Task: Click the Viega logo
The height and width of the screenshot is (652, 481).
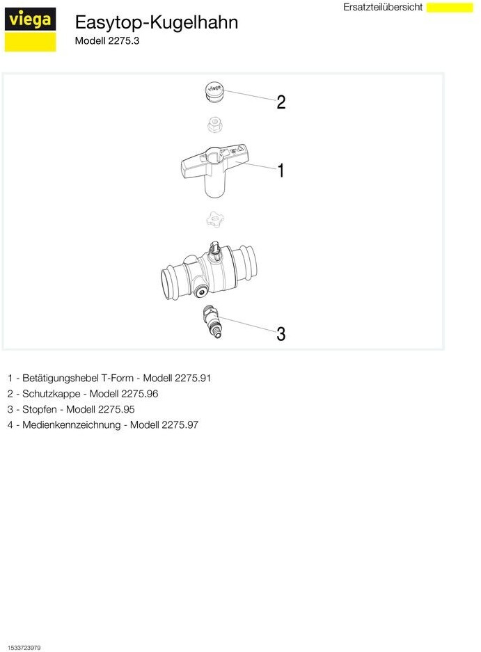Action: pyautogui.click(x=30, y=29)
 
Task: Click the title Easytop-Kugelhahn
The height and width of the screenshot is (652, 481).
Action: pyautogui.click(x=157, y=22)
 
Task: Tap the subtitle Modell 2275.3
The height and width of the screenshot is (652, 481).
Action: pyautogui.click(x=107, y=41)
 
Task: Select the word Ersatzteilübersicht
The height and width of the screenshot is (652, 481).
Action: pyautogui.click(x=383, y=7)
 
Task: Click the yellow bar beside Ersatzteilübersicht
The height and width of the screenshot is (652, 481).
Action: pyautogui.click(x=450, y=8)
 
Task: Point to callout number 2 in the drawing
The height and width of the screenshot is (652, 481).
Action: pyautogui.click(x=281, y=102)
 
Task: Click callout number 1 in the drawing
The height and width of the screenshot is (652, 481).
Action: pyautogui.click(x=281, y=170)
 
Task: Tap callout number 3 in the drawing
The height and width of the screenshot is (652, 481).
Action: pyautogui.click(x=281, y=334)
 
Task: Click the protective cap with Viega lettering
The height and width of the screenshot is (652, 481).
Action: pyautogui.click(x=214, y=91)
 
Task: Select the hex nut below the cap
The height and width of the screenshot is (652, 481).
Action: pyautogui.click(x=214, y=125)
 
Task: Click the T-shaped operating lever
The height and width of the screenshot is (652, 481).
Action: pyautogui.click(x=214, y=168)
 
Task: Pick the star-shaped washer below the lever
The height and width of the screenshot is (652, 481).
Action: pyautogui.click(x=214, y=219)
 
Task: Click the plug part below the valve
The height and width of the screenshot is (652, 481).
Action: pyautogui.click(x=212, y=322)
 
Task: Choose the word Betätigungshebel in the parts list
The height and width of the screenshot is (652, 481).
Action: pyautogui.click(x=61, y=379)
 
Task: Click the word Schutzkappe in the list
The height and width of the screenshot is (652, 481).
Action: pyautogui.click(x=52, y=394)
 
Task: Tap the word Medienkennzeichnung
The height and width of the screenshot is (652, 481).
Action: pyautogui.click(x=71, y=425)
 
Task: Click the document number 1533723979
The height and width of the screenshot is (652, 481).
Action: pyautogui.click(x=24, y=647)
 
